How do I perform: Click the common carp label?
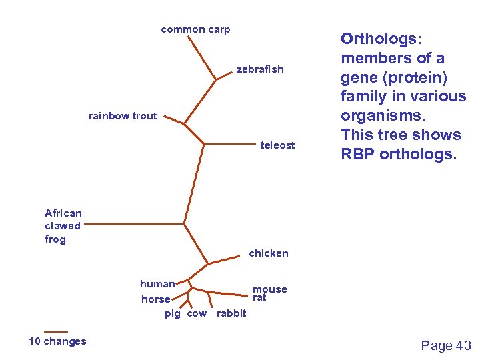pos(195,29)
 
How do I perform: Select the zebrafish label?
pos(260,69)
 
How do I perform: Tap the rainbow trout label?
pos(123,116)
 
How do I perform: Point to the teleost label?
pos(277,145)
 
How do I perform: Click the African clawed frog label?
pos(63,226)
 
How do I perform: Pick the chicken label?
pos(269,253)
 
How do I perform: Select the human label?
pos(157,284)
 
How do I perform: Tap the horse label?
pos(156,299)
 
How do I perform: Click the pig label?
pos(173,313)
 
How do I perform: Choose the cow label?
pos(197,313)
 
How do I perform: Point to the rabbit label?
pos(231,313)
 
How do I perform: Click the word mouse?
pos(270,289)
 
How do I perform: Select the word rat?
pos(259,297)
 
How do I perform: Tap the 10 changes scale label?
pos(57,341)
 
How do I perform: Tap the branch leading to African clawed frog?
pos(133,225)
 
